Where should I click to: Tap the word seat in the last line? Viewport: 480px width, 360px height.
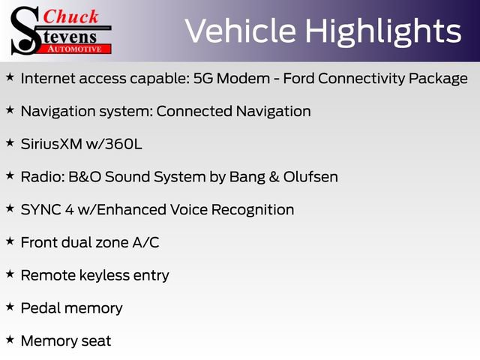(x=96, y=341)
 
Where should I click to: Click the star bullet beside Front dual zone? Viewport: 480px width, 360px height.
(x=10, y=241)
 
